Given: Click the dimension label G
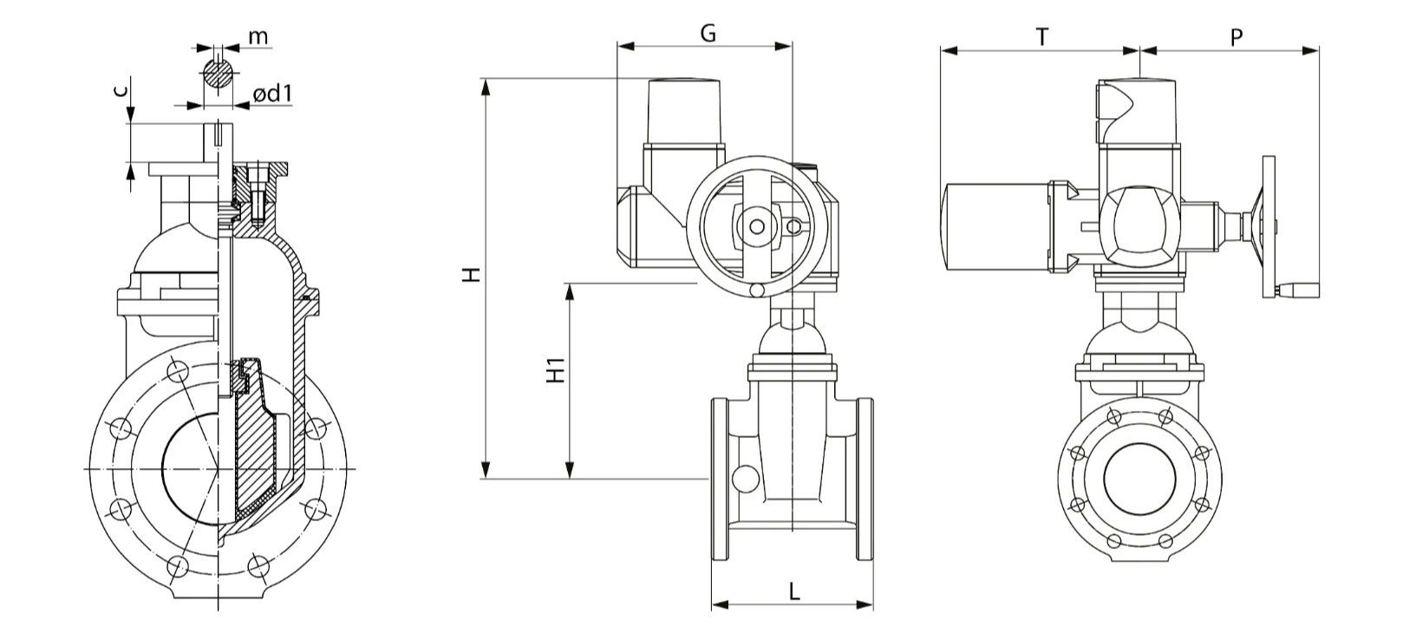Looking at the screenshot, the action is pyautogui.click(x=708, y=33).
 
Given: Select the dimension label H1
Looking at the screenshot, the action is pyautogui.click(x=555, y=370).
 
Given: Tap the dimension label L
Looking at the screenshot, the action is pyautogui.click(x=794, y=591).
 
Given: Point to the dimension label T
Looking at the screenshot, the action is pyautogui.click(x=1041, y=36).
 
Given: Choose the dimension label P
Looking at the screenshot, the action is pyautogui.click(x=1237, y=37).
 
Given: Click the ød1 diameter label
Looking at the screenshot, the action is pyautogui.click(x=272, y=95).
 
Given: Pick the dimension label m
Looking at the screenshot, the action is pyautogui.click(x=258, y=37).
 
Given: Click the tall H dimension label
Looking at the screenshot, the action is pyautogui.click(x=472, y=275).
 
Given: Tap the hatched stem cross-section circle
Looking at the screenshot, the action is pyautogui.click(x=219, y=74).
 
